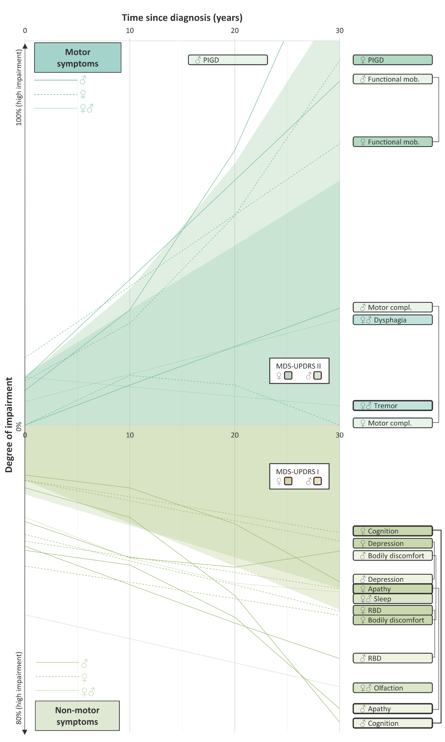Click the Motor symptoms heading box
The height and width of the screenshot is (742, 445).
click(78, 58)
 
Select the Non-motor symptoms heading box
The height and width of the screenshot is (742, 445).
click(77, 716)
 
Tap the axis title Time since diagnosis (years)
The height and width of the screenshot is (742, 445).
click(182, 17)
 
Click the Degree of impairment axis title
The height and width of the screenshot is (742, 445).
click(9, 425)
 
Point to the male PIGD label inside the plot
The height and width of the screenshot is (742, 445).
click(228, 60)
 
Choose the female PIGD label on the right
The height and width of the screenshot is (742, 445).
click(392, 60)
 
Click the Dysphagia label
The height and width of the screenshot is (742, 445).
click(392, 320)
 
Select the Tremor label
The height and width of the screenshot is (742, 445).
click(392, 406)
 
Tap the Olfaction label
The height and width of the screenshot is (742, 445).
click(392, 688)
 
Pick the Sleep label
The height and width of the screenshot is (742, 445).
click(392, 599)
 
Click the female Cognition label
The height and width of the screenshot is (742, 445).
click(392, 531)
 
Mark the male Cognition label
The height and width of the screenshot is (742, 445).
click(392, 723)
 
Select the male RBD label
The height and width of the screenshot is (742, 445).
click(392, 658)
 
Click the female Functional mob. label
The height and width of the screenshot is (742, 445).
click(392, 142)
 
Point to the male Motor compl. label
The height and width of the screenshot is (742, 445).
click(392, 307)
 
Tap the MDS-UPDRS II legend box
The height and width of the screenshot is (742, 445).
click(299, 371)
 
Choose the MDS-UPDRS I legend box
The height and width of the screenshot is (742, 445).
click(299, 476)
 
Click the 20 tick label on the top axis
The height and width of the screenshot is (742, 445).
click(235, 30)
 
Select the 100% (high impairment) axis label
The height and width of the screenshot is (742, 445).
click(19, 88)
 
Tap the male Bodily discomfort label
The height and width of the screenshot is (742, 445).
click(392, 555)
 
